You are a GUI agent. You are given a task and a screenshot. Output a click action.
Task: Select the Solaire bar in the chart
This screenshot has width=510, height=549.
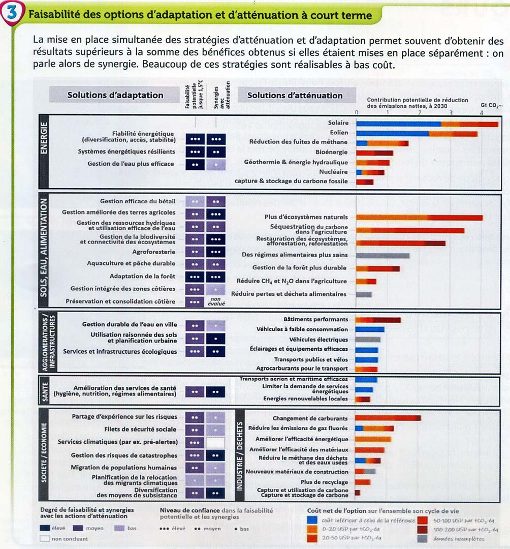click(427, 124)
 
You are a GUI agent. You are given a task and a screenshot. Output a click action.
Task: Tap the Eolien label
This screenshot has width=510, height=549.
click(339, 133)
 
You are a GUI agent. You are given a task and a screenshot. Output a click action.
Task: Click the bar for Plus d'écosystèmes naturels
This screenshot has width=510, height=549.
click(419, 218)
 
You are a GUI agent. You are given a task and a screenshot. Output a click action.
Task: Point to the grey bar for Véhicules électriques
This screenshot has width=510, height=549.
click(368, 339)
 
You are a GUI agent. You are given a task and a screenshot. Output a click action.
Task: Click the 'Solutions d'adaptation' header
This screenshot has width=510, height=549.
click(115, 95)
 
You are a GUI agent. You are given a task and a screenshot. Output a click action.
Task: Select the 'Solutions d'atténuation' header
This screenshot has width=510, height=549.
click(295, 95)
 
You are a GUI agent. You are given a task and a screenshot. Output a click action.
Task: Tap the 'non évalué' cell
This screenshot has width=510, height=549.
click(216, 302)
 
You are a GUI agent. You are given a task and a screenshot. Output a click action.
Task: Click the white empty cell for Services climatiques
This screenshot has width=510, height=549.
click(216, 442)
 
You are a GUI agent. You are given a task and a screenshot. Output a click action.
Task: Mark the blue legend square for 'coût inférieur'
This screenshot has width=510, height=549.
click(313, 520)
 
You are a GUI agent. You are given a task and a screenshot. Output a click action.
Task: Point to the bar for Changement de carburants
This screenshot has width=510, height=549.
click(388, 418)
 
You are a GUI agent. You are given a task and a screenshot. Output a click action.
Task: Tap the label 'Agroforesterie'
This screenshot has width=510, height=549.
click(154, 252)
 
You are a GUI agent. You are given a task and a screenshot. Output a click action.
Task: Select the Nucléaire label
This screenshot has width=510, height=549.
click(334, 172)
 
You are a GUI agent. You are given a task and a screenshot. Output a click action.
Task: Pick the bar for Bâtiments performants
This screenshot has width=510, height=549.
click(378, 320)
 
